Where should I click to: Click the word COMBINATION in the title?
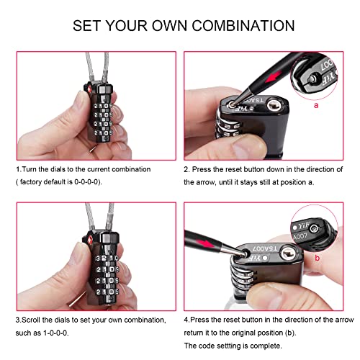pyautogui.click(x=237, y=26)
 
